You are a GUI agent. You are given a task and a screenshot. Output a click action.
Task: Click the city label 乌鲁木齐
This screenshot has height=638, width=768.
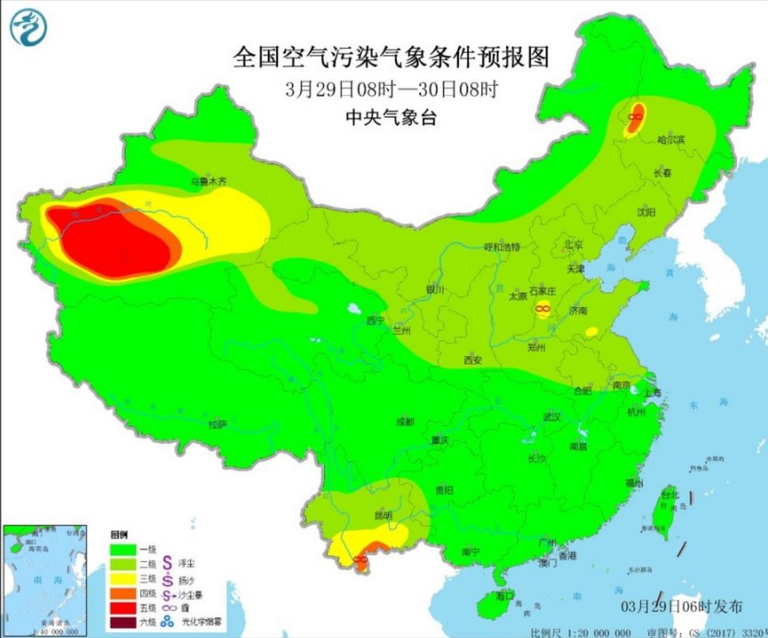pyautogui.click(x=208, y=181)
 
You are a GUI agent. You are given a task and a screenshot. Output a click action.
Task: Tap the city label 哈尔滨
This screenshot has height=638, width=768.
pyautogui.click(x=671, y=140)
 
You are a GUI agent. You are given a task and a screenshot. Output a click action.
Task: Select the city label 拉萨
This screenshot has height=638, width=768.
pyautogui.click(x=217, y=424)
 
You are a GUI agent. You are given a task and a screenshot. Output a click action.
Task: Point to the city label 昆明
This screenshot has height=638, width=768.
pyautogui.click(x=383, y=516)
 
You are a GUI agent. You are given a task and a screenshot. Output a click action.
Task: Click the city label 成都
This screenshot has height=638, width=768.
pyautogui.click(x=405, y=422)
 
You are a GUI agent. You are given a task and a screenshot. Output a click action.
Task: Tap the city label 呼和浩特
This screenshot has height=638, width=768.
pyautogui.click(x=502, y=247)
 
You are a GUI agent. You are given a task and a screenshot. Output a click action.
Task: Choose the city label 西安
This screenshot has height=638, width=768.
pyautogui.click(x=472, y=360)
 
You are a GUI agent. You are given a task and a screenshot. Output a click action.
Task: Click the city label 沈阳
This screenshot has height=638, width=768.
pyautogui.click(x=646, y=212)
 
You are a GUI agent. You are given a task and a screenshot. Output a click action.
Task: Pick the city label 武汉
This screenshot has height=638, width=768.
pyautogui.click(x=552, y=417)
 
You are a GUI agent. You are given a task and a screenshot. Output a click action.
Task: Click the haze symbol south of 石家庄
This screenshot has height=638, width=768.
pyautogui.click(x=543, y=309)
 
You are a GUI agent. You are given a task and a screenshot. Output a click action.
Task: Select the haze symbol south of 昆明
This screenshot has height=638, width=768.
pyautogui.click(x=360, y=559)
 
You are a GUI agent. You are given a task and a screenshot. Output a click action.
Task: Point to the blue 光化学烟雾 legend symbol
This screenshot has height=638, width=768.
pyautogui.click(x=168, y=622)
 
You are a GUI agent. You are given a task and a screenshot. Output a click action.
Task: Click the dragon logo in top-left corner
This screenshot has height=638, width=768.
pyautogui.click(x=28, y=27)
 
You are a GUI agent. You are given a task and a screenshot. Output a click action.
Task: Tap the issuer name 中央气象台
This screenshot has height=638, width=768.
pyautogui.click(x=390, y=117)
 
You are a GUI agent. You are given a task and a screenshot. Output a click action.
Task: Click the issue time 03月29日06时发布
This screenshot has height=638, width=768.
pyautogui.click(x=681, y=606)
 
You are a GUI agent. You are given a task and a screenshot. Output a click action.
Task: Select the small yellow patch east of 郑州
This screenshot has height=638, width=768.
pyautogui.click(x=591, y=332)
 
